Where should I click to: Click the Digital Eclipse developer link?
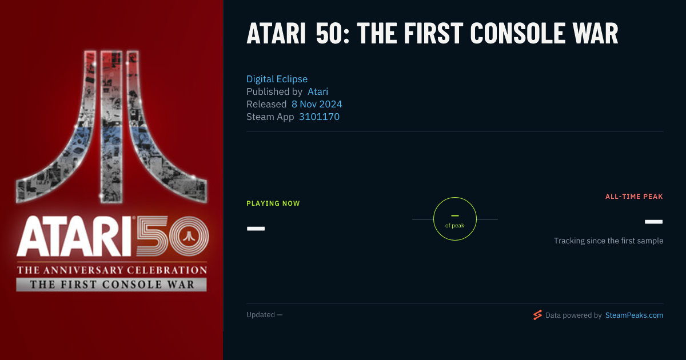pyautogui.click(x=277, y=79)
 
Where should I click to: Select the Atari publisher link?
pyautogui.click(x=318, y=91)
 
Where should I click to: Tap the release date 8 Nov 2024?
pyautogui.click(x=317, y=104)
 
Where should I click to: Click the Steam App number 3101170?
pyautogui.click(x=319, y=117)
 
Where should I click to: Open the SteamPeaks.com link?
pyautogui.click(x=634, y=315)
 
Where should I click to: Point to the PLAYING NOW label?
pyautogui.click(x=273, y=203)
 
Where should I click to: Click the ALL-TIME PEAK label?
pyautogui.click(x=634, y=197)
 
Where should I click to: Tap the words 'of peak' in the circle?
pyautogui.click(x=455, y=226)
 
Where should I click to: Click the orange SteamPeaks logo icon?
pyautogui.click(x=537, y=315)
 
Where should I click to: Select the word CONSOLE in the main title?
pyautogui.click(x=518, y=34)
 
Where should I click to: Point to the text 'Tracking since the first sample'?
pyautogui.click(x=608, y=241)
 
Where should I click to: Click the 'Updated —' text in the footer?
pyautogui.click(x=264, y=315)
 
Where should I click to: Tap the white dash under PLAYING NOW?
pyautogui.click(x=256, y=229)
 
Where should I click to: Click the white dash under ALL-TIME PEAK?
pyautogui.click(x=653, y=222)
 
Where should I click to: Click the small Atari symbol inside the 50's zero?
pyautogui.click(x=189, y=236)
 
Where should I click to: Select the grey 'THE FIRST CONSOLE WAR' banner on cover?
pyautogui.click(x=111, y=285)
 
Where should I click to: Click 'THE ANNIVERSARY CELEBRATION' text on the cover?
pyautogui.click(x=112, y=270)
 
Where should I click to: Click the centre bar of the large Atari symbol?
pyautogui.click(x=111, y=127)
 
